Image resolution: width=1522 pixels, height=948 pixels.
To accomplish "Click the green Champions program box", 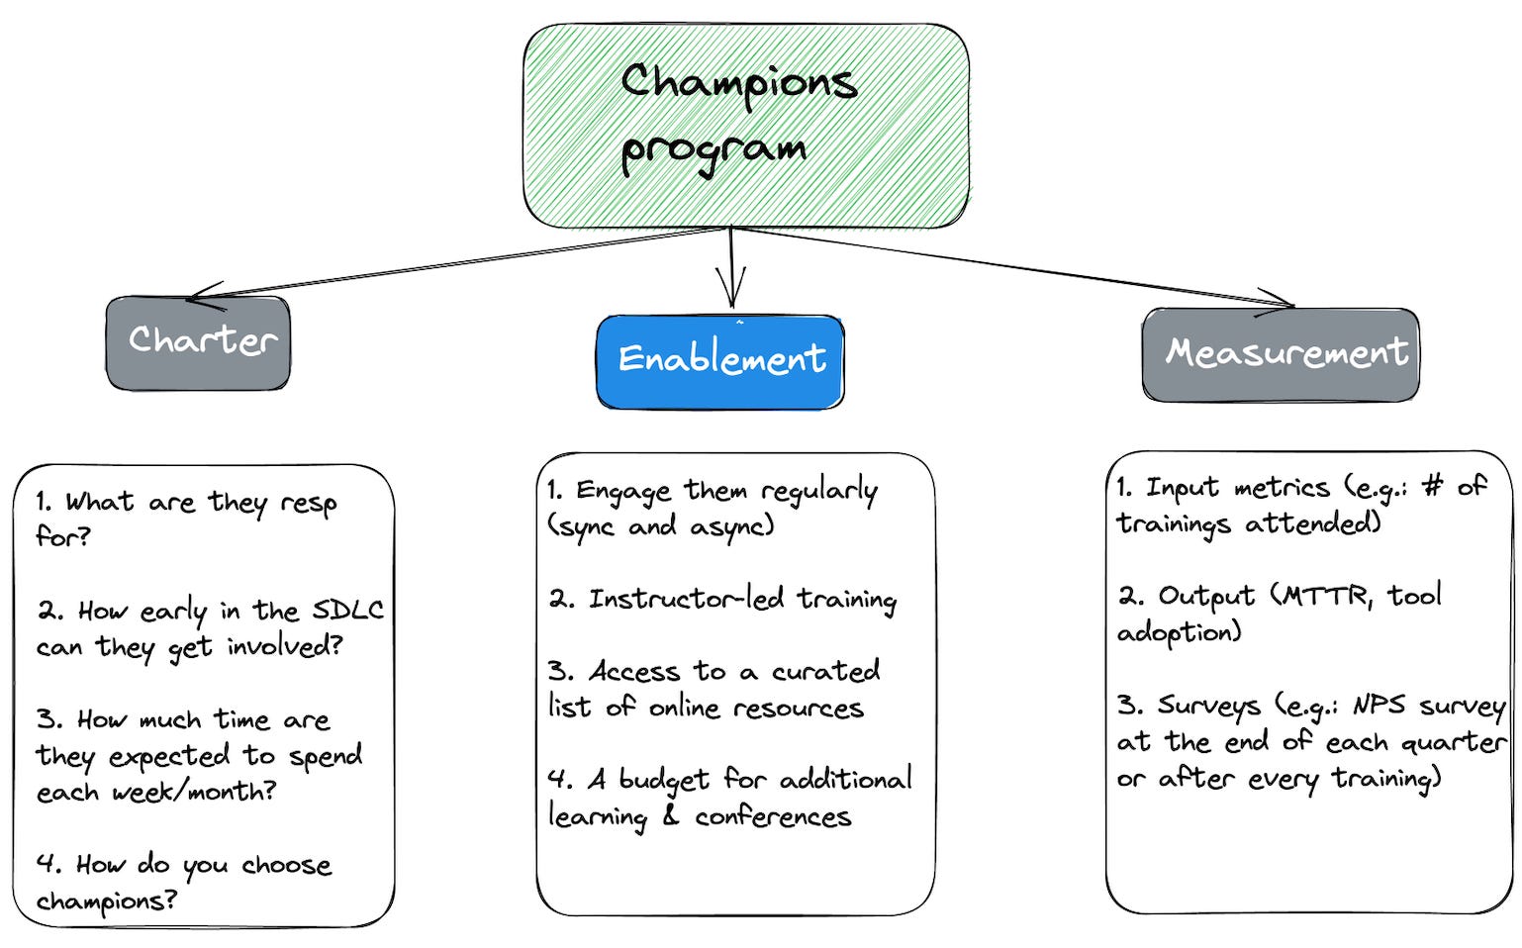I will tap(745, 126).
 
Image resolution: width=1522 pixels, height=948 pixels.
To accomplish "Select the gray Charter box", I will tap(198, 342).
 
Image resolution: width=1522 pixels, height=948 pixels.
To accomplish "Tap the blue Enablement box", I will tap(720, 361).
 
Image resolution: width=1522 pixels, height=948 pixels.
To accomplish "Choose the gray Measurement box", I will tap(1281, 354).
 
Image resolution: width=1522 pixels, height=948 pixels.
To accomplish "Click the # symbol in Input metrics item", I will tap(1432, 486).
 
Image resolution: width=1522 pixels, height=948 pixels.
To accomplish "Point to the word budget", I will tap(663, 781).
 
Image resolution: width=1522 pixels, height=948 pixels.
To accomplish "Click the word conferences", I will tap(772, 817).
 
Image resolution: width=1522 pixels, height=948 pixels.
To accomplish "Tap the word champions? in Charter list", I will tap(107, 901).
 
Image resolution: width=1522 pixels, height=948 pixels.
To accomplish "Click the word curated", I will tap(825, 672).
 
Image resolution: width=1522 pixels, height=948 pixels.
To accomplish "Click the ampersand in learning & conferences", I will tap(670, 817).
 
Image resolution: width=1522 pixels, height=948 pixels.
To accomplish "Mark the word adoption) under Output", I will tap(1179, 632).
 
